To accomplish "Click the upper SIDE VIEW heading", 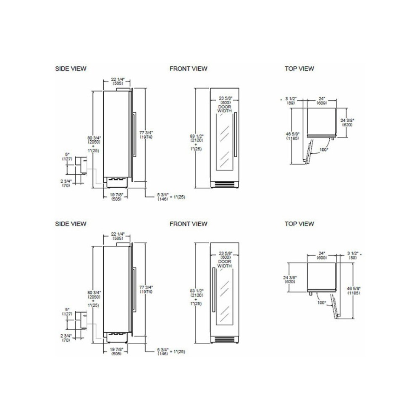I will pyautogui.click(x=71, y=68).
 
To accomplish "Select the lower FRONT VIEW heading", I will pyautogui.click(x=188, y=224).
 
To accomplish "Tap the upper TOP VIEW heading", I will pyautogui.click(x=299, y=68).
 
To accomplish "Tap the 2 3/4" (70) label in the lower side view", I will pyautogui.click(x=66, y=338).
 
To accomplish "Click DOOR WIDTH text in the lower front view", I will pyautogui.click(x=224, y=263).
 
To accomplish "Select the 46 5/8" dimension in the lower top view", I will pyautogui.click(x=354, y=291).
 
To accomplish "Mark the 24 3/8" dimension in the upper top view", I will pyautogui.click(x=347, y=122).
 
